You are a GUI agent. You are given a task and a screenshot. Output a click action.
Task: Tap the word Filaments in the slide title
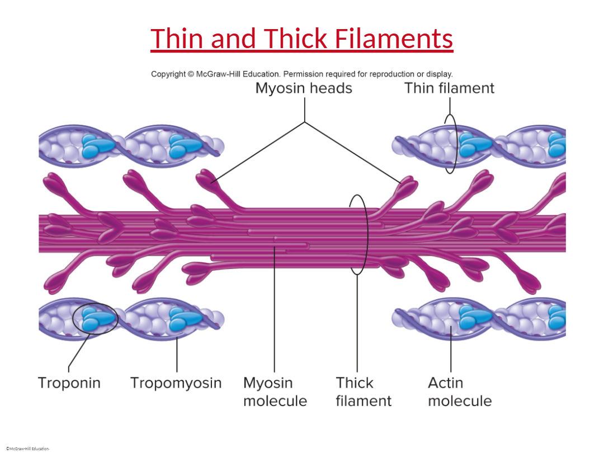[x=394, y=39]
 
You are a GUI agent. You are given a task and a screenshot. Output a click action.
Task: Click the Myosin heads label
[x=304, y=88]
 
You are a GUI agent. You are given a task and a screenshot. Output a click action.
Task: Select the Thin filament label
[x=449, y=88]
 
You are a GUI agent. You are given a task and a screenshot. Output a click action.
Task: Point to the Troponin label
[x=69, y=383]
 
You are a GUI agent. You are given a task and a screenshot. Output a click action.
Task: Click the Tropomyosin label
[x=176, y=383]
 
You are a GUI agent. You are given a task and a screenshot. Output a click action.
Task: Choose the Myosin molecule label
[x=275, y=391]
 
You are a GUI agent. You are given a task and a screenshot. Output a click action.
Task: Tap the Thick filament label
[x=364, y=391]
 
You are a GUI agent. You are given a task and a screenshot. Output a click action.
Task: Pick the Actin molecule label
[x=460, y=391]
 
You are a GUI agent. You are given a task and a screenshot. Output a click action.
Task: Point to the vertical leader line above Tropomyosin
[x=177, y=355]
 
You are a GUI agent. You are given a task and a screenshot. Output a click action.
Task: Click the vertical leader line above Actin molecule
[x=451, y=349]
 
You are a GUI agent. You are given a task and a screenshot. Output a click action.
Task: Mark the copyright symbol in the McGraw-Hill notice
[x=191, y=74]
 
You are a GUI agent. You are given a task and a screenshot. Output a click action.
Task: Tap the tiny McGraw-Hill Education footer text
[x=28, y=449]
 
